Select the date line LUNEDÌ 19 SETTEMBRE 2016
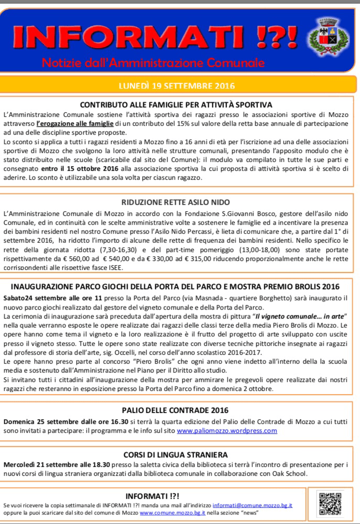point(178,85)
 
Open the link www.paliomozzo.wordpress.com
point(227,431)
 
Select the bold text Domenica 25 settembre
point(41,421)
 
